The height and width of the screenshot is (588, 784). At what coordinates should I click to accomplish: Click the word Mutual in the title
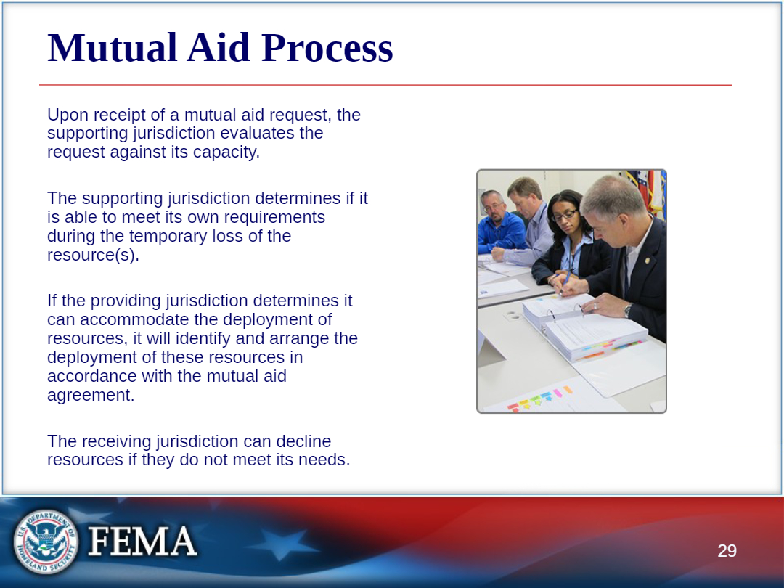tap(113, 48)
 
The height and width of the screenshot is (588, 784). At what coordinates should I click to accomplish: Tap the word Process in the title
tap(327, 48)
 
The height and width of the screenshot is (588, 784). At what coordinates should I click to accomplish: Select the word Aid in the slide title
tap(219, 48)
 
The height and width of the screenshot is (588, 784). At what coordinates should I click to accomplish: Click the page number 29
tap(727, 550)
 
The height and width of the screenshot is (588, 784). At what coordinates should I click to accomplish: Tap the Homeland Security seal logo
tap(46, 542)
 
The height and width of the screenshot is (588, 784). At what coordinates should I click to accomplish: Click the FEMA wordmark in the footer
tap(142, 541)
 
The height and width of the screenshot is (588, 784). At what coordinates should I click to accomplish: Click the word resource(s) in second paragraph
tap(93, 255)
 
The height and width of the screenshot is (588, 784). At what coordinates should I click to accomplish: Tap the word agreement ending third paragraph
tap(91, 396)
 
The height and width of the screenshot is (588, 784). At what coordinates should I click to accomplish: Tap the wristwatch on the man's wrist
tap(628, 310)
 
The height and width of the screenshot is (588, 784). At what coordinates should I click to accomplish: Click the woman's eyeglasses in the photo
tap(563, 216)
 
